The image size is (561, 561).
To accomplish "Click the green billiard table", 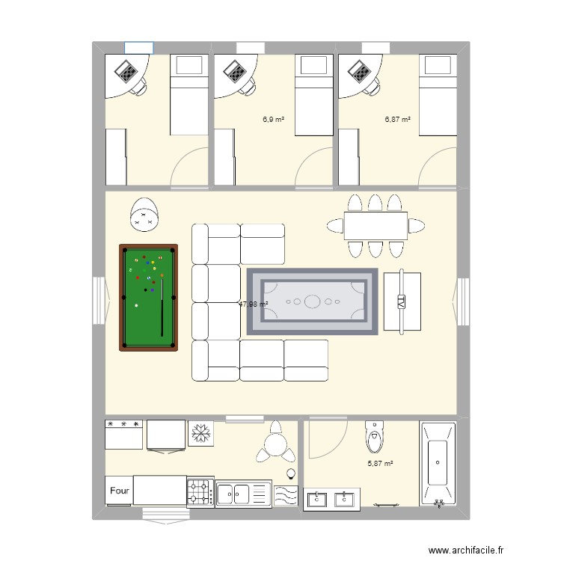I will tap(149, 297).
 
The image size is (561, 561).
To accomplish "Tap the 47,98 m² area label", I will tap(253, 304).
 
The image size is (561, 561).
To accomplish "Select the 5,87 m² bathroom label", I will tap(380, 464).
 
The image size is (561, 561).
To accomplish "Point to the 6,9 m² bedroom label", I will tap(273, 119).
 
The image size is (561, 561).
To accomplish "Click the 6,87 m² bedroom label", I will tap(398, 119).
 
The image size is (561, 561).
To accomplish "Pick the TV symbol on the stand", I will tap(402, 302).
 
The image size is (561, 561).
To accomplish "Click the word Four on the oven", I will tap(119, 491).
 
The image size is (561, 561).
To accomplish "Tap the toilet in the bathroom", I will tap(374, 437).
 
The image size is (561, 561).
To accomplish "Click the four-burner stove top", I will tap(200, 492).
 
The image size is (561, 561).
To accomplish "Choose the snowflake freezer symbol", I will tap(200, 432).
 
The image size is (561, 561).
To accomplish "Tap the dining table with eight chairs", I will tap(375, 226).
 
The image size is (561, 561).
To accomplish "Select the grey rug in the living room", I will tap(313, 302).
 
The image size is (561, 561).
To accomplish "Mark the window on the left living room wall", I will tap(99, 301).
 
